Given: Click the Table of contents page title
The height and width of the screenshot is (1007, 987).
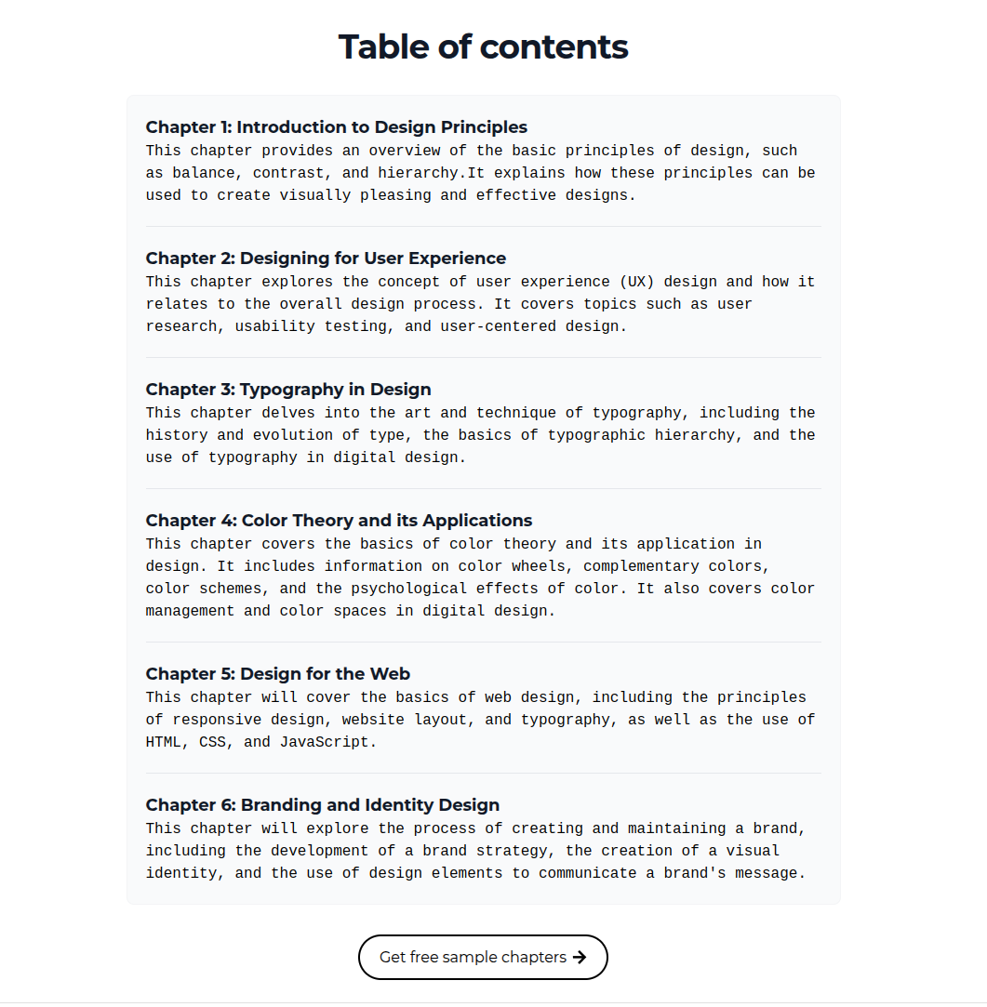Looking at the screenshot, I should pos(483,46).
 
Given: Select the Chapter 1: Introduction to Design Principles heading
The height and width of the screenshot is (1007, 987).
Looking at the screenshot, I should pos(336,127).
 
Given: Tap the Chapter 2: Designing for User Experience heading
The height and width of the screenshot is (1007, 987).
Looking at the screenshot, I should pos(326,258).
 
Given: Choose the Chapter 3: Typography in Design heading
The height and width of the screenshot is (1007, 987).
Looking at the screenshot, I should pos(288,390).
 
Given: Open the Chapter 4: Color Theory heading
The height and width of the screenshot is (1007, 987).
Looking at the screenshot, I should pos(339,521).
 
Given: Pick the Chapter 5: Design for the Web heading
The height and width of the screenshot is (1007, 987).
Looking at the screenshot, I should pos(277,674).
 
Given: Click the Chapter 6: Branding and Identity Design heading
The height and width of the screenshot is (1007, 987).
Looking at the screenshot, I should pos(322,805).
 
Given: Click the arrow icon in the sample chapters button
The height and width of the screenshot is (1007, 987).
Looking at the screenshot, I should pos(580,958).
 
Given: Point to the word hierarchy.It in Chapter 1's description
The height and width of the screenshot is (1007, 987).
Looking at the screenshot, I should pos(422,173).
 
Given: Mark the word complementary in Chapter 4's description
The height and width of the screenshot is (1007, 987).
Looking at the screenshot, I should pos(642,566).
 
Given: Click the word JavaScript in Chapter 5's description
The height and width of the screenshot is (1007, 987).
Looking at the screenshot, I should pos(328,742).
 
